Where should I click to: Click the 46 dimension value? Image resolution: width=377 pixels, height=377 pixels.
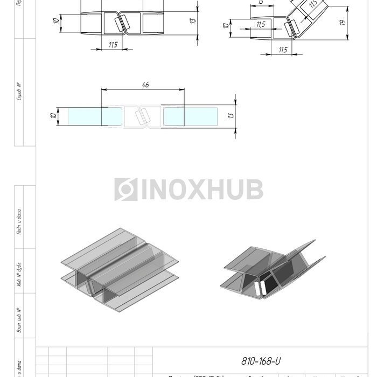(145, 85)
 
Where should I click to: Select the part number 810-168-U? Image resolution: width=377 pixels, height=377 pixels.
(261, 361)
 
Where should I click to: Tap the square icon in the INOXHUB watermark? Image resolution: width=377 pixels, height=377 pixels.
(125, 190)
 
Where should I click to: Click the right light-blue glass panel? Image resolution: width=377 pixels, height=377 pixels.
(190, 116)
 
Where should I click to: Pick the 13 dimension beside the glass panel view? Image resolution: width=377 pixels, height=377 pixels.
(231, 115)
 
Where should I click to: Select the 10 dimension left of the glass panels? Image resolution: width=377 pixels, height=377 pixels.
(54, 116)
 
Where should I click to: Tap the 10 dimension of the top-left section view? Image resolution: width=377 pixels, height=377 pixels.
(56, 22)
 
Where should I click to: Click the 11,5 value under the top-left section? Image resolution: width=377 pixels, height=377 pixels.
(113, 44)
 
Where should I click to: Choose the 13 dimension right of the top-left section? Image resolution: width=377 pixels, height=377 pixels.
(192, 20)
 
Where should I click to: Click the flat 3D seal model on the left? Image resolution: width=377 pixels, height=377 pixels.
(119, 269)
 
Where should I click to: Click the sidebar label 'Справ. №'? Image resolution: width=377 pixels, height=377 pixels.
(19, 92)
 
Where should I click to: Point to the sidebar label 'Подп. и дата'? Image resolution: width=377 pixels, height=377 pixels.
(19, 221)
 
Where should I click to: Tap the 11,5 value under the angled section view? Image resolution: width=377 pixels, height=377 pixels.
(283, 50)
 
